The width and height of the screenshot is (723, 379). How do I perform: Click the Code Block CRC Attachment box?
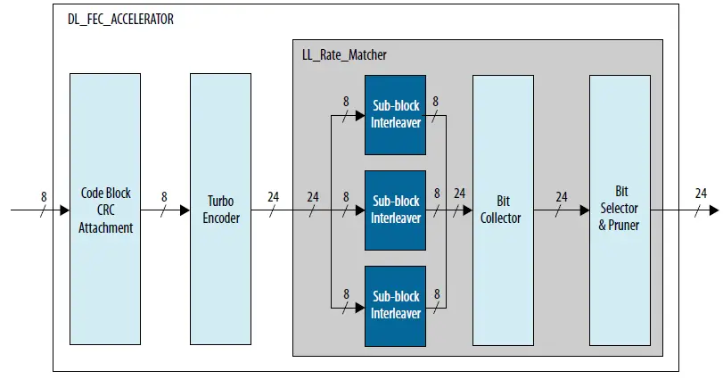pyautogui.click(x=106, y=210)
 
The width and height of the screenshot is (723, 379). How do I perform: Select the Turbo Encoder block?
pyautogui.click(x=220, y=210)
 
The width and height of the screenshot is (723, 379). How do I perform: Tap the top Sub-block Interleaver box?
pyautogui.click(x=396, y=114)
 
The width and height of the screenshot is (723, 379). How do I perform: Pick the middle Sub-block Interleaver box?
pyautogui.click(x=396, y=210)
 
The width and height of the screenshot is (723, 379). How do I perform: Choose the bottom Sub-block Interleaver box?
pyautogui.click(x=396, y=305)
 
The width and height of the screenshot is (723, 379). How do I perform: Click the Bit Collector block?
pyautogui.click(x=502, y=210)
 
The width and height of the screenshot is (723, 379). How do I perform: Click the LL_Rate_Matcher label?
pyautogui.click(x=344, y=55)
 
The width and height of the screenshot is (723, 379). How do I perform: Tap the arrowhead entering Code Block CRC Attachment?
pyautogui.click(x=65, y=210)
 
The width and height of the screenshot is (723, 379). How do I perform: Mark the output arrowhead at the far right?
pyautogui.click(x=713, y=210)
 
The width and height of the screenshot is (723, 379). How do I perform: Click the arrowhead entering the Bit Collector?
pyautogui.click(x=467, y=210)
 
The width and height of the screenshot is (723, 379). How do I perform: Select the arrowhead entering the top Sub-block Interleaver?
pyautogui.click(x=360, y=115)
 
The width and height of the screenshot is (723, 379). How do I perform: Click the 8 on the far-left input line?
pyautogui.click(x=44, y=195)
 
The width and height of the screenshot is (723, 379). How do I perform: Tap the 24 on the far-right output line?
pyautogui.click(x=701, y=194)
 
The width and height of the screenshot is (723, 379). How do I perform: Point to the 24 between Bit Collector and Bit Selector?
pyautogui.click(x=562, y=196)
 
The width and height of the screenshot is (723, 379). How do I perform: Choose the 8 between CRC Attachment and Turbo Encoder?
pyautogui.click(x=164, y=196)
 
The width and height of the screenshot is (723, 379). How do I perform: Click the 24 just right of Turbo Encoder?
pyautogui.click(x=273, y=196)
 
